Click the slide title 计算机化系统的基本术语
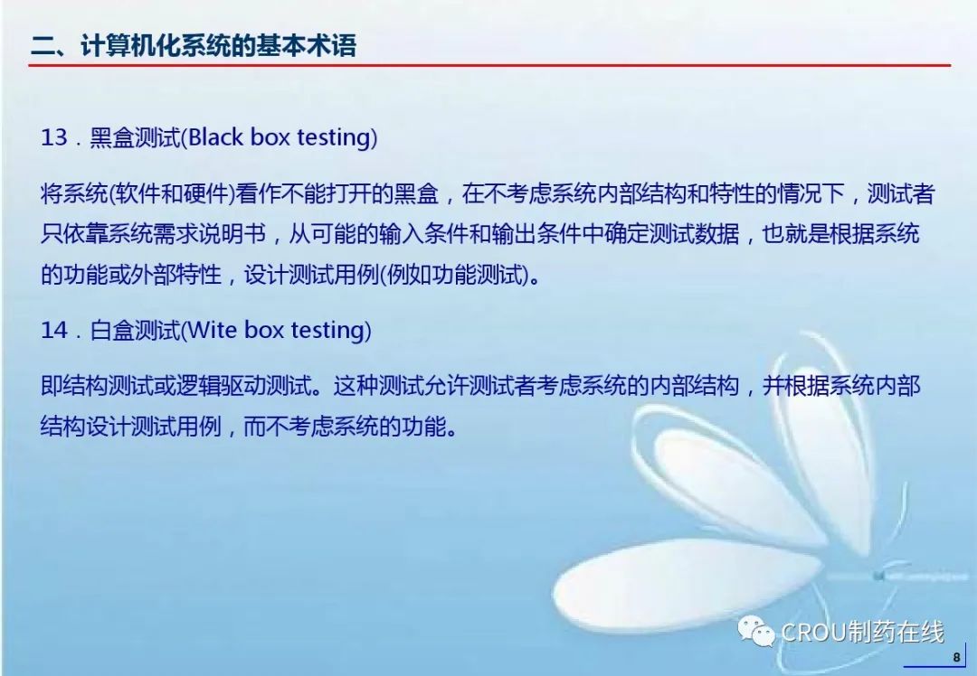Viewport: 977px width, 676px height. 218,46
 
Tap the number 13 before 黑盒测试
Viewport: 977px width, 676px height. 53,137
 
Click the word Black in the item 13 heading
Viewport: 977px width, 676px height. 215,137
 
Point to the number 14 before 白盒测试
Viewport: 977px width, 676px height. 53,329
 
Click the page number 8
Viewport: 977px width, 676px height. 956,657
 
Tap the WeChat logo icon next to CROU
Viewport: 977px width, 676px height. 755,631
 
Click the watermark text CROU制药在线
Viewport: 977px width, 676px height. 862,633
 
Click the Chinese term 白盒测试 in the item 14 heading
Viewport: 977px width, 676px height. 135,330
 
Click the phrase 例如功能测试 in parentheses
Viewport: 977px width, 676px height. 454,275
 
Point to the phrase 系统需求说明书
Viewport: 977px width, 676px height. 187,234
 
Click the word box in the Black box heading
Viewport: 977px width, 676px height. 270,137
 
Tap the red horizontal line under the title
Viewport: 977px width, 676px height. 489,65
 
